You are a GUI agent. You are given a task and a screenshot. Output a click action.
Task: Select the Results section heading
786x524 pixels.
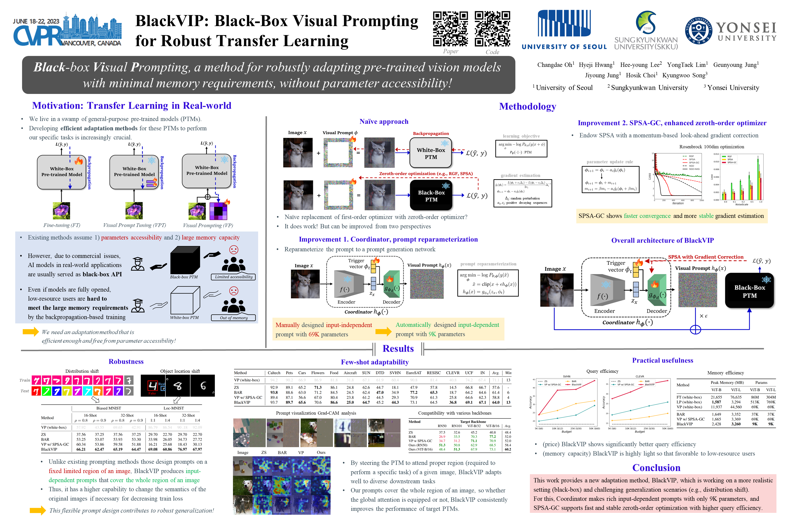tap(398, 349)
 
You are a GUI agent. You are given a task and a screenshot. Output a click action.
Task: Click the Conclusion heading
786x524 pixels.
tap(656, 468)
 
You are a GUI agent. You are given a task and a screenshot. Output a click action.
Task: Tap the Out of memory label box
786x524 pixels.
tap(233, 318)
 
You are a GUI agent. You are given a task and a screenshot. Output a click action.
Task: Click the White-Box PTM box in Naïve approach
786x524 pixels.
tap(431, 153)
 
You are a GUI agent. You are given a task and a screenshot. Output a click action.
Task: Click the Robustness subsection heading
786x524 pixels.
tap(126, 362)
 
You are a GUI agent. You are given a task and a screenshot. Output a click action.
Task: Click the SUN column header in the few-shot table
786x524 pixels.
tap(366, 373)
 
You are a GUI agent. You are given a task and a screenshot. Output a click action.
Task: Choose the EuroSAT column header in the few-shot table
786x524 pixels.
tap(414, 373)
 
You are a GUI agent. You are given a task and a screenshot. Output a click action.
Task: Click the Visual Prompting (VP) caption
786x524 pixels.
tap(208, 225)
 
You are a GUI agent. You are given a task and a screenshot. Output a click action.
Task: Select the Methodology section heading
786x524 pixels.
tap(527, 107)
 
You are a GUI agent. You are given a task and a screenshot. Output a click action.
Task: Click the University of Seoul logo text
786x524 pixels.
tap(564, 47)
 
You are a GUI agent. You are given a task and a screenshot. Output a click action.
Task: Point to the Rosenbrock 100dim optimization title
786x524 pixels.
tap(711, 147)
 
